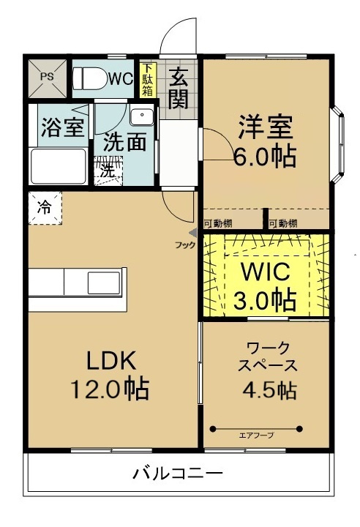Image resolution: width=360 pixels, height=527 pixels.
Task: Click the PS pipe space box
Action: (x=47, y=77)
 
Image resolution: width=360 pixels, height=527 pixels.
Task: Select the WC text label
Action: (x=121, y=78)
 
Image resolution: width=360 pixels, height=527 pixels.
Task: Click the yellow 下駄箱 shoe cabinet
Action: (x=147, y=79)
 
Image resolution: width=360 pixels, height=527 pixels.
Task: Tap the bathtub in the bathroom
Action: (x=58, y=167)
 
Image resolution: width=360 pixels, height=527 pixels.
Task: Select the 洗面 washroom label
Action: (x=124, y=141)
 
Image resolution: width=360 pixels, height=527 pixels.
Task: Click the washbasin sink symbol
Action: (x=140, y=116)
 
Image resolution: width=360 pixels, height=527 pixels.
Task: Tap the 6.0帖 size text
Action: (x=265, y=156)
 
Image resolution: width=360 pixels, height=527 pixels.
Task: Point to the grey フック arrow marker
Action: (x=193, y=233)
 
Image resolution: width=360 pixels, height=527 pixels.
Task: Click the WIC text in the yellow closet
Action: (x=265, y=273)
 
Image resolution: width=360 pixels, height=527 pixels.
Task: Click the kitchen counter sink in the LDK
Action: (x=100, y=281)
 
